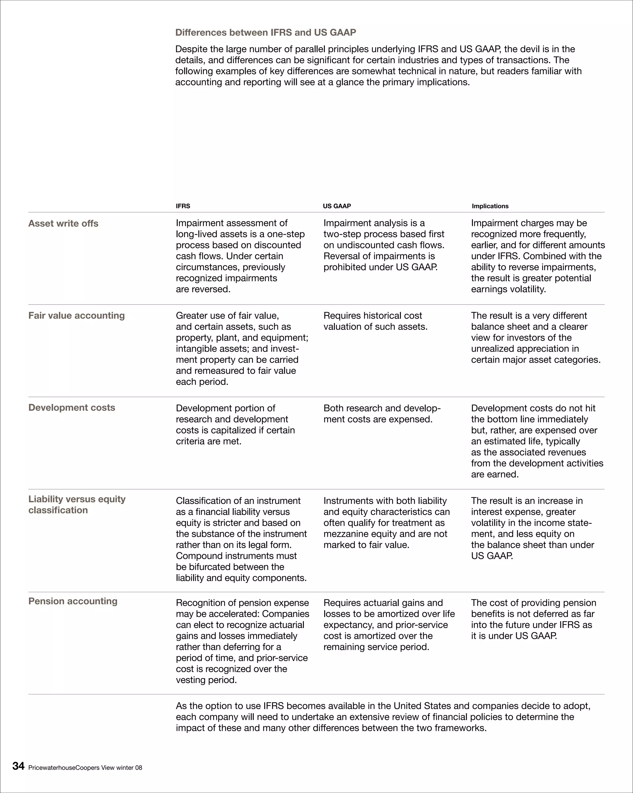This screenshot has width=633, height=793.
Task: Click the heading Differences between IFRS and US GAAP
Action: point(265,32)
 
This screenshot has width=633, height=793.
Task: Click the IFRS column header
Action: point(183,206)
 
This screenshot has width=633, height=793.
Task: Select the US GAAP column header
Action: point(337,206)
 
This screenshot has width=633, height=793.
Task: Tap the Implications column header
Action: point(490,206)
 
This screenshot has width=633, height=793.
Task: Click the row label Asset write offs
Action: point(63,223)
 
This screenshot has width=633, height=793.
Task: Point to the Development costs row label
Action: point(72,407)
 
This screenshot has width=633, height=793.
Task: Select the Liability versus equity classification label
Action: point(77,505)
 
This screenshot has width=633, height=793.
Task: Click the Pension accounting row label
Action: point(73,601)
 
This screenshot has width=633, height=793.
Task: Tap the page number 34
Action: point(19,766)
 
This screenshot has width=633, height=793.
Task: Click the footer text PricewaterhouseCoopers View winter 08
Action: point(85,768)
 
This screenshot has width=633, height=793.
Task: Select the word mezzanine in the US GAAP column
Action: point(348,534)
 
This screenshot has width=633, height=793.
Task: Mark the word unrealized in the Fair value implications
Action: point(494,349)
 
